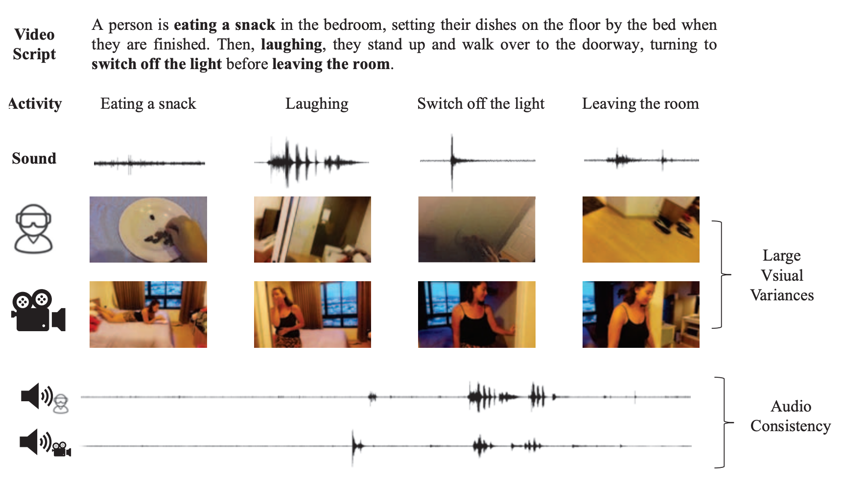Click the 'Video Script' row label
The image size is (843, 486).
[x=34, y=44]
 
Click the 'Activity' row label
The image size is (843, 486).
[x=35, y=104]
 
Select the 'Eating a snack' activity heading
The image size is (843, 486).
[x=148, y=104]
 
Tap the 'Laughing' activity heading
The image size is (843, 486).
[x=317, y=104]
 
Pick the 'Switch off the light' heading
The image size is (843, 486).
[x=480, y=104]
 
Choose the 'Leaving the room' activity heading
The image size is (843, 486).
[x=640, y=104]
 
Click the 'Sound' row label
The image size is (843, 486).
[x=34, y=158]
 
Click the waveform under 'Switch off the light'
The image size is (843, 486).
[x=477, y=161]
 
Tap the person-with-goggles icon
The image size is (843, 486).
[x=33, y=229]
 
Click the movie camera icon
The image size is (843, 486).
[x=38, y=311]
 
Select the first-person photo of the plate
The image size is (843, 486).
[x=148, y=229]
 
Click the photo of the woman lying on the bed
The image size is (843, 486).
[x=148, y=315]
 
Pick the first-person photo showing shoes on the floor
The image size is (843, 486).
[x=641, y=229]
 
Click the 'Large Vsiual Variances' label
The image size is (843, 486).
[x=782, y=275]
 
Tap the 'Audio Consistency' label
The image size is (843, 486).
[x=791, y=416]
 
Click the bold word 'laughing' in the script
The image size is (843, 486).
[x=291, y=45]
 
